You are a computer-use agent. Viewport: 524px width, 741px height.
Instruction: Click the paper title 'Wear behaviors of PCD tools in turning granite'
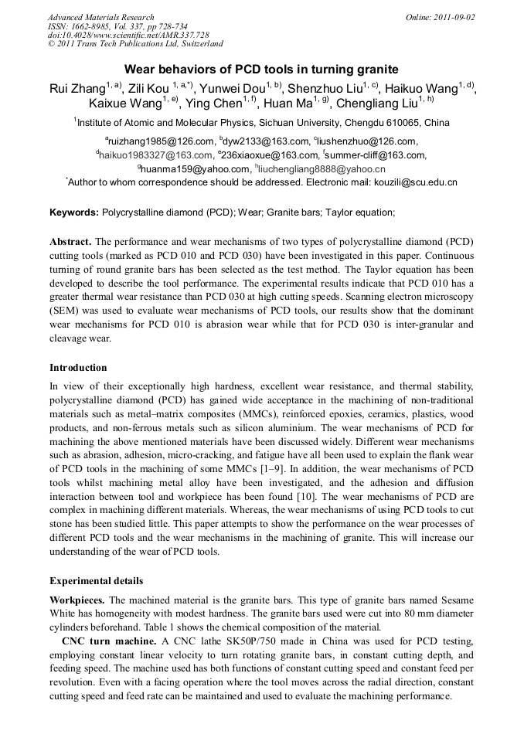point(261,70)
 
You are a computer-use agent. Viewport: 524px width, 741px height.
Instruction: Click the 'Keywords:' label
point(74,212)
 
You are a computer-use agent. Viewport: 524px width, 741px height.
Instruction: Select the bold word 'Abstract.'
point(70,241)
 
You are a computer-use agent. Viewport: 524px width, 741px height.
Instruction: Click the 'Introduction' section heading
point(78,367)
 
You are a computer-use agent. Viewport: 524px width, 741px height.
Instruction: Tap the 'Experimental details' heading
point(96,580)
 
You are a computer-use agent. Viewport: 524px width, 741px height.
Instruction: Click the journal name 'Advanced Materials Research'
point(100,17)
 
